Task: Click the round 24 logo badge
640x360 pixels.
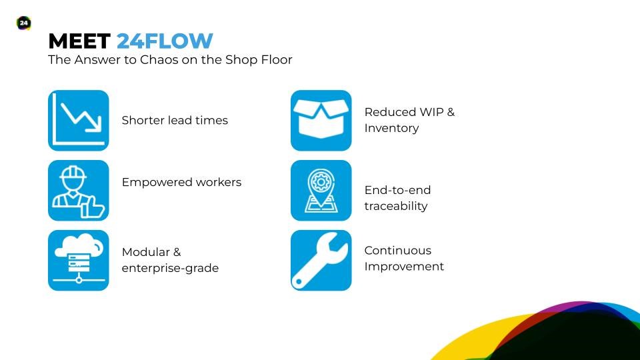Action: [x=24, y=23]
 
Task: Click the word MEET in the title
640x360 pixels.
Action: [x=79, y=41]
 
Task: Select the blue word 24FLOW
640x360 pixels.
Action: [x=165, y=41]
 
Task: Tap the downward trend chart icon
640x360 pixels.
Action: [x=79, y=121]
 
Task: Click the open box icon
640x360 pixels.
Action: [x=321, y=121]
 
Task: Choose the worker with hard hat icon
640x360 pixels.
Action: [x=79, y=190]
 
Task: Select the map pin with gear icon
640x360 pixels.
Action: [x=321, y=190]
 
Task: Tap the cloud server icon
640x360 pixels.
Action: [x=79, y=260]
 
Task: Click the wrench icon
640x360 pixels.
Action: [x=321, y=260]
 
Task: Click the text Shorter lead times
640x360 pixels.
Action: [x=175, y=120]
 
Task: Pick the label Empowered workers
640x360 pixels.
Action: [x=181, y=182]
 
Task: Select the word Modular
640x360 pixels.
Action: [x=146, y=252]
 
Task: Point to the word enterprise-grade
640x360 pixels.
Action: [x=170, y=268]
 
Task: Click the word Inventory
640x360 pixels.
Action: [x=391, y=128]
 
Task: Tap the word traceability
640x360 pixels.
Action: [x=396, y=206]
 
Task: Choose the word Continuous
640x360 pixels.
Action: [x=398, y=250]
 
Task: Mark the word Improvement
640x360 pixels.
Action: [x=404, y=267]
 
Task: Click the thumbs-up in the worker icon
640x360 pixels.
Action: [x=93, y=207]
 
